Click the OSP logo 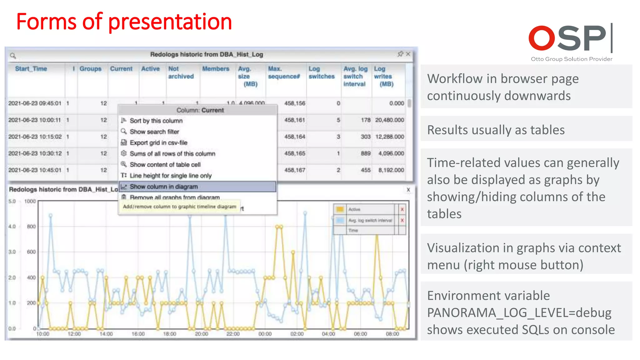click(571, 39)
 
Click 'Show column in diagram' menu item click(164, 187)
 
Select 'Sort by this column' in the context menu click(156, 121)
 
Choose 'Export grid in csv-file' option click(158, 143)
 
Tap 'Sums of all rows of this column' click(172, 154)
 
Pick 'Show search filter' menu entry click(154, 132)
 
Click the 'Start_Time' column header click(31, 69)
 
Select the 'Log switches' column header click(321, 72)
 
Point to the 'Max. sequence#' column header click(284, 72)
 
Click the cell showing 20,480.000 click(389, 120)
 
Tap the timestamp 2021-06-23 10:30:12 click(35, 153)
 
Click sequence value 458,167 click(295, 170)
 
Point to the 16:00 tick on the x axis click(138, 334)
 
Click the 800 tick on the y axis click(31, 226)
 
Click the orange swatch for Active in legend click(340, 209)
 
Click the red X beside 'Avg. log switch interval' click(402, 220)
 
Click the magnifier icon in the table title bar click(13, 56)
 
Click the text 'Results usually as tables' click(496, 130)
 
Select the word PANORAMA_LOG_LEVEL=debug click(519, 312)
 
